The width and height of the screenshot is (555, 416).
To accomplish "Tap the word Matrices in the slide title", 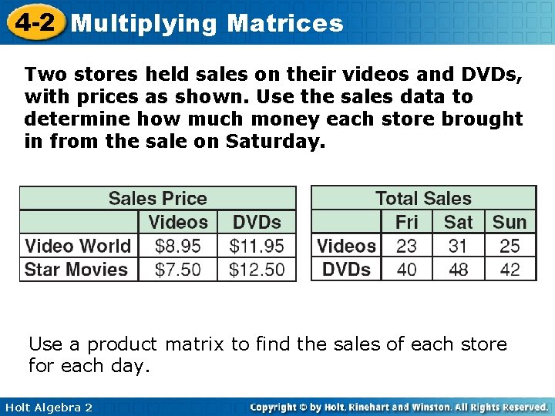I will coord(285,23).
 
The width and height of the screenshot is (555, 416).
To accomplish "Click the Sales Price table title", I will coord(157,198).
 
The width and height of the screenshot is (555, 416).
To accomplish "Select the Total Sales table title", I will coord(423,198).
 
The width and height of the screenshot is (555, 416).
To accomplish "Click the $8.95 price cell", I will coord(177,246).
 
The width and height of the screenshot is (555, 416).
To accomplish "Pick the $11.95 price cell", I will coord(257,246).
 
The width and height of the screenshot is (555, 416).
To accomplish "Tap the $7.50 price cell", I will coord(177,270).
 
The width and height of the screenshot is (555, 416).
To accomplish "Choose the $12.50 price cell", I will coord(257,270).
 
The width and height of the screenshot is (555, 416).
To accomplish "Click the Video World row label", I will coord(78,246).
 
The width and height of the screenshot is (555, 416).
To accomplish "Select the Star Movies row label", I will coord(76,270).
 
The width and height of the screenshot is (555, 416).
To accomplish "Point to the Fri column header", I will coord(406,222).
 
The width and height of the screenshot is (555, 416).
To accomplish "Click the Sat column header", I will coord(458,222).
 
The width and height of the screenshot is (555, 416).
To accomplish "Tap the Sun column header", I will coord(510,222).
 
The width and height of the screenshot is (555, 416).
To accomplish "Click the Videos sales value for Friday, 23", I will coord(406,246).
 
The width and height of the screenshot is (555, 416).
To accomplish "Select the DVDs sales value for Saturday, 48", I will coord(458,270).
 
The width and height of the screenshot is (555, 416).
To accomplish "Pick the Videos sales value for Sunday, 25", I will coord(510,246).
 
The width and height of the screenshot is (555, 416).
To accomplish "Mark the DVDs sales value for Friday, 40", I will coord(406,270).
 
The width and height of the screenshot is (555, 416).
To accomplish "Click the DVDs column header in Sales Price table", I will coord(257,222).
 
